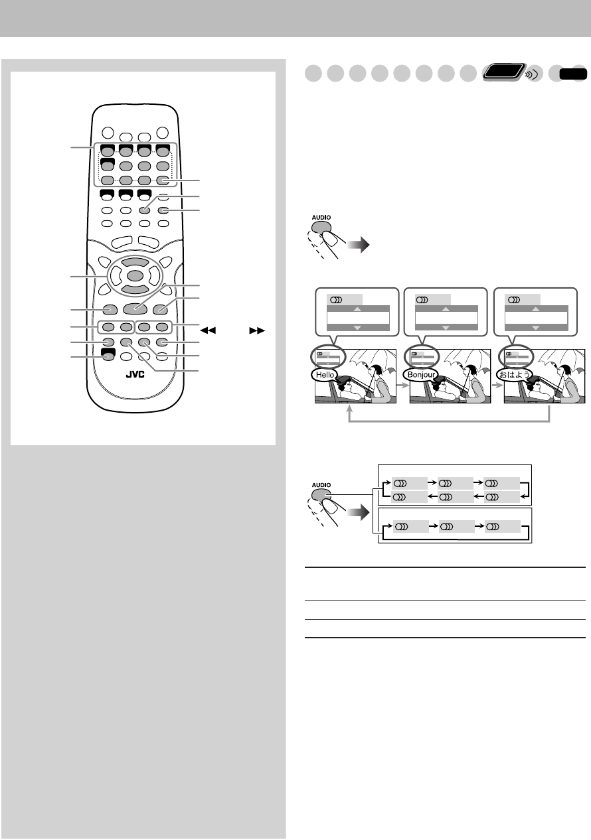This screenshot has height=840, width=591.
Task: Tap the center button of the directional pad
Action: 135,275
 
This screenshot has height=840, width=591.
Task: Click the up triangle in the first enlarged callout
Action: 357,309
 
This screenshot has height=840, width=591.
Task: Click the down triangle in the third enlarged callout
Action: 537,327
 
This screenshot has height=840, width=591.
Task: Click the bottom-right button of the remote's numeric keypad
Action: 163,180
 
